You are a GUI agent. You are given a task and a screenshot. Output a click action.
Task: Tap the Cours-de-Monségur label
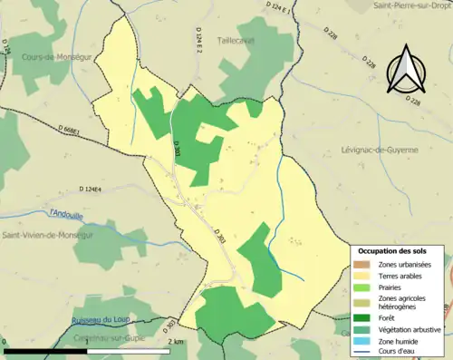tap(55, 56)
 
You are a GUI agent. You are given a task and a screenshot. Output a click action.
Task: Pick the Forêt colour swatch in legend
tap(362, 317)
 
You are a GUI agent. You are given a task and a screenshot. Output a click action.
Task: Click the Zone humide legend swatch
tap(362, 342)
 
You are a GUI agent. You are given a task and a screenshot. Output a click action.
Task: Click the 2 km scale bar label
tap(178, 341)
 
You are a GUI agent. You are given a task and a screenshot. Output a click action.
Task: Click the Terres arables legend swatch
tap(362, 276)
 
